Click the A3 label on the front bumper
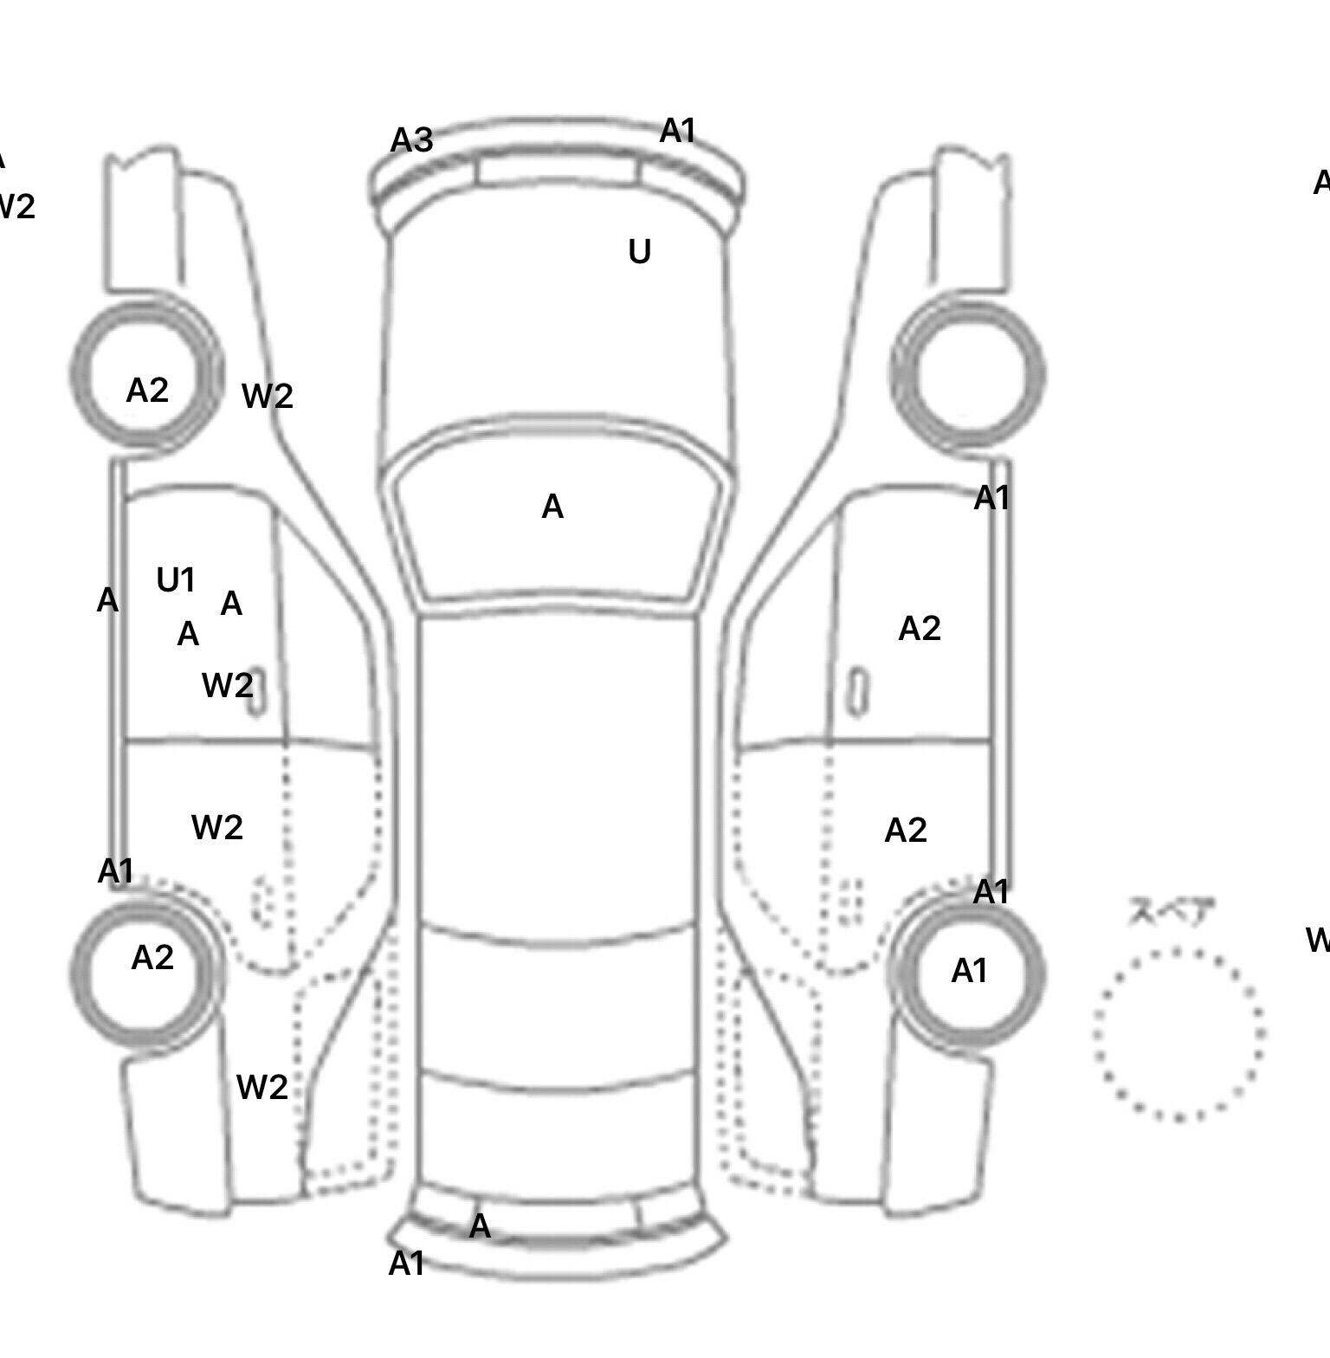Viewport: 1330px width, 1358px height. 411,140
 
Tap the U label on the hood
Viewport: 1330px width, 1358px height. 639,252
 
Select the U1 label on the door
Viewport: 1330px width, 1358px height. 176,580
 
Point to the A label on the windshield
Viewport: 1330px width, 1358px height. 552,508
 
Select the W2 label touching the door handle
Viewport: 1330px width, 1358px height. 227,686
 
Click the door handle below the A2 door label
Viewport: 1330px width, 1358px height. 857,693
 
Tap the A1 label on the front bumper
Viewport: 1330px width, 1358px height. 678,132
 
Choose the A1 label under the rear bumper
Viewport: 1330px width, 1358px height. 406,1264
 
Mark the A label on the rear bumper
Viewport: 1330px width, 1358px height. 480,1226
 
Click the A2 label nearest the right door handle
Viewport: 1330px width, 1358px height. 920,629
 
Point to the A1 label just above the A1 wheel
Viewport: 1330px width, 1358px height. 991,892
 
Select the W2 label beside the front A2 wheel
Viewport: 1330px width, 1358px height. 268,397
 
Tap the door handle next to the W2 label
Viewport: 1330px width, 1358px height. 257,693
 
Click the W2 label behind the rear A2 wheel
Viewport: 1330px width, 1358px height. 261,1088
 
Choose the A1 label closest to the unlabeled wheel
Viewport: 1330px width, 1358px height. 991,498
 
